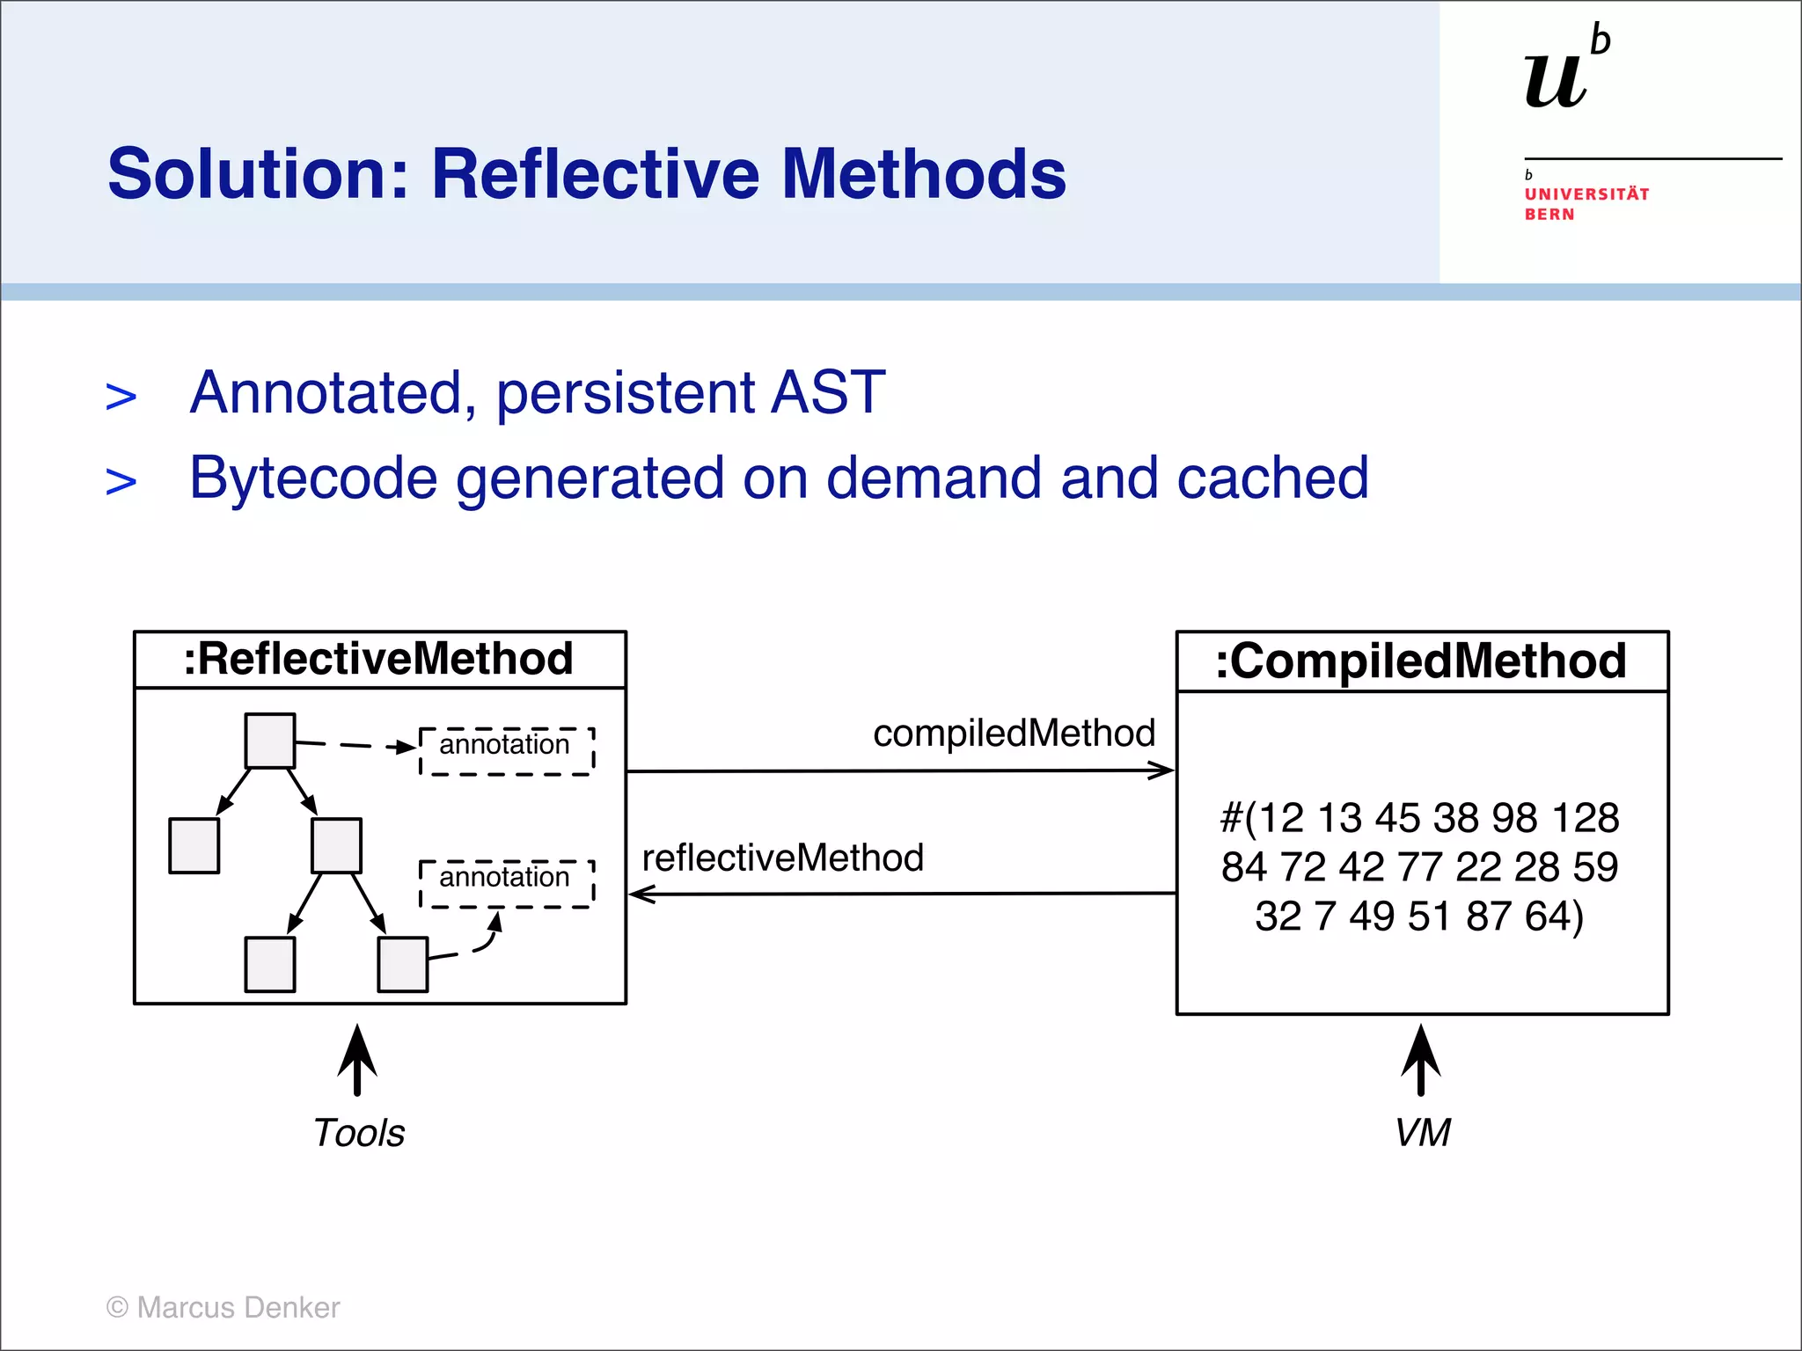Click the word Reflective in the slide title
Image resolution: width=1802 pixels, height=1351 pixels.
pyautogui.click(x=595, y=174)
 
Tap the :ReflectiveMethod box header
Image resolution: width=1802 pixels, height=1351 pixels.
pyautogui.click(x=379, y=659)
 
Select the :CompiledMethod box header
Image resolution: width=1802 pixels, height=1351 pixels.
pyautogui.click(x=1421, y=661)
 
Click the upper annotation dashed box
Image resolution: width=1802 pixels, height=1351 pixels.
pyautogui.click(x=506, y=750)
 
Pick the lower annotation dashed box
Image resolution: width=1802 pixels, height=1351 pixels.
pyautogui.click(x=506, y=882)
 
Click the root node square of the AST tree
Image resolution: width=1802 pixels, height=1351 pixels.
pyautogui.click(x=269, y=741)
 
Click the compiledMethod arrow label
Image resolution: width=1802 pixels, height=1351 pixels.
pyautogui.click(x=1014, y=734)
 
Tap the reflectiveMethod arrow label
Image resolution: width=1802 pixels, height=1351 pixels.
pyautogui.click(x=782, y=858)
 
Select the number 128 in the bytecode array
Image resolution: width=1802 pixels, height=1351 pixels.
pyautogui.click(x=1585, y=818)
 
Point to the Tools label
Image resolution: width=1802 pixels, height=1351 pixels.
pyautogui.click(x=359, y=1133)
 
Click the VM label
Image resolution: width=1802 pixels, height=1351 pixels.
pyautogui.click(x=1422, y=1133)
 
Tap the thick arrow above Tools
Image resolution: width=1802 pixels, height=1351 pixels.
pyautogui.click(x=357, y=1059)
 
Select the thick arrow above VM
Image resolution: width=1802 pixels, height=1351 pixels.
pyautogui.click(x=1421, y=1059)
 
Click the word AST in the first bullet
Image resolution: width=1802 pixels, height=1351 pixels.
pyautogui.click(x=827, y=392)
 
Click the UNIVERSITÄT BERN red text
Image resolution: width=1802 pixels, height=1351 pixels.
pyautogui.click(x=1586, y=204)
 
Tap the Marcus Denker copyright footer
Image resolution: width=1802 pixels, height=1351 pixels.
pyautogui.click(x=223, y=1308)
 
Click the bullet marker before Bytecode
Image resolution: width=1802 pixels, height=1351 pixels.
pyautogui.click(x=121, y=482)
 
